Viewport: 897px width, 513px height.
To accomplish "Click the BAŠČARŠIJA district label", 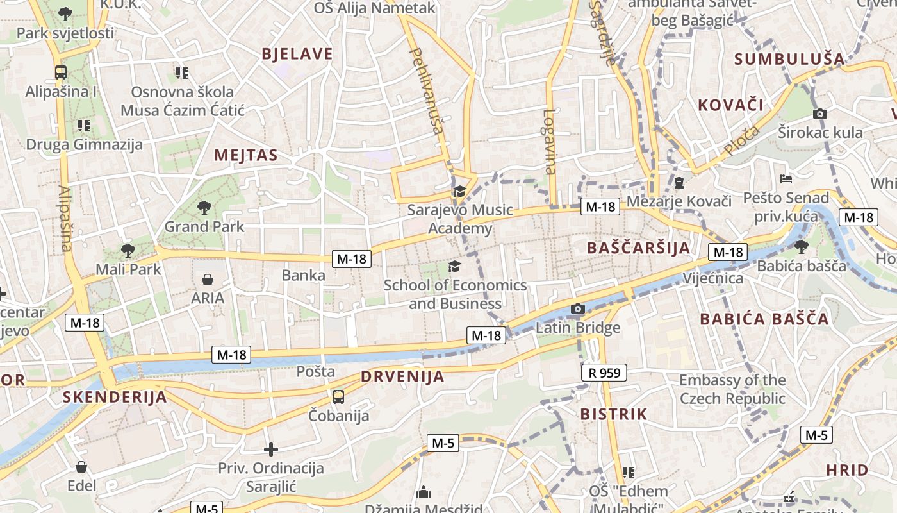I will coord(639,248).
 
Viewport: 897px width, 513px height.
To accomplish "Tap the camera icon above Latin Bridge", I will coord(578,309).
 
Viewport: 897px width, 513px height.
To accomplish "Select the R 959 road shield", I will coord(604,373).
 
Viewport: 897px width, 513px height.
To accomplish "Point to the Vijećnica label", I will coord(713,278).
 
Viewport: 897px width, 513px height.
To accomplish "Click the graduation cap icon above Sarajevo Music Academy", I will coord(459,191).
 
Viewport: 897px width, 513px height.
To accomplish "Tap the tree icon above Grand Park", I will coord(204,207).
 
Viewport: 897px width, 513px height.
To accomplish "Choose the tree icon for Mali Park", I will coord(128,250).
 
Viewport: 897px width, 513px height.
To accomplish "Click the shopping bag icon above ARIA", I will coord(208,279).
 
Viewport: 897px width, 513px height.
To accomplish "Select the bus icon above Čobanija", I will coord(338,396).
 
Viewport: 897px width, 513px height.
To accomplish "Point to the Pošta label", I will coord(315,371).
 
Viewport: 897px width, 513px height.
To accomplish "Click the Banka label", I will coord(304,276).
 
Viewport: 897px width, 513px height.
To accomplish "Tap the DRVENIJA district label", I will coord(402,376).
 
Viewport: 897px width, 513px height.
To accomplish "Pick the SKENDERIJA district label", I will coord(115,397).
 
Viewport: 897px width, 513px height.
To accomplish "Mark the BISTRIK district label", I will coord(614,414).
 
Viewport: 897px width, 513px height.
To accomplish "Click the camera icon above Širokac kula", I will coord(819,114).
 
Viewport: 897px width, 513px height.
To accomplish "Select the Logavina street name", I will coord(550,142).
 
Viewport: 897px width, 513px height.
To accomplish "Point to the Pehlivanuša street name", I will coord(426,90).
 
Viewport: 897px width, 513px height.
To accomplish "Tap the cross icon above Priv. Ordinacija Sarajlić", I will coord(271,449).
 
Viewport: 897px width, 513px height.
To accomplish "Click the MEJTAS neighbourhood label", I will coord(246,155).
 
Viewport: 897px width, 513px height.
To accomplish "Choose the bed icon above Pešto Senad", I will coord(786,179).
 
